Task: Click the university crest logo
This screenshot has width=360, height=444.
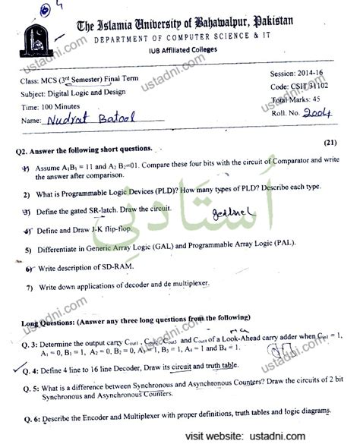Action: pyautogui.click(x=36, y=44)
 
